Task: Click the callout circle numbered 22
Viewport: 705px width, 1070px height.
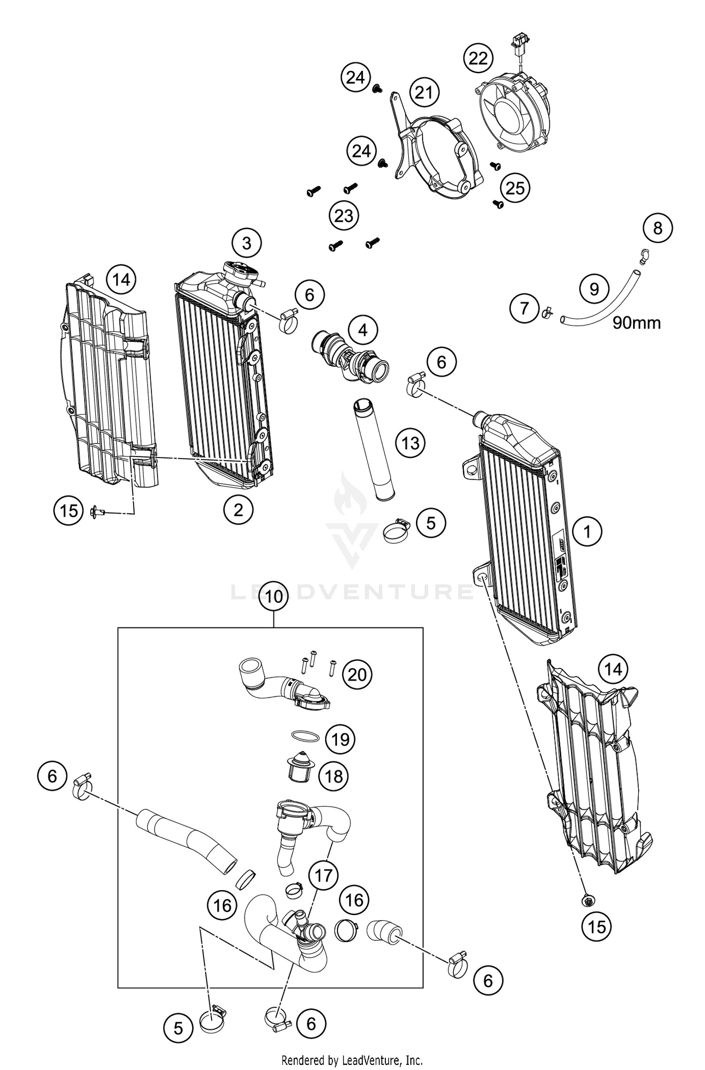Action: point(478,59)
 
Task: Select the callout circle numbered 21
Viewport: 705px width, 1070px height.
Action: point(424,93)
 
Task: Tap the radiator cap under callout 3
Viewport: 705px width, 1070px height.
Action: point(241,272)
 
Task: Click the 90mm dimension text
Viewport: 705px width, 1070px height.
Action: point(636,323)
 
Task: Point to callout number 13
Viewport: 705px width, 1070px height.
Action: point(410,442)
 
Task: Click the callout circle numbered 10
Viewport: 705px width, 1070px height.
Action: point(274,597)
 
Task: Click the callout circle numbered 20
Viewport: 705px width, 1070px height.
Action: point(357,675)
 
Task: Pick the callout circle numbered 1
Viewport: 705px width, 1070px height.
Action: point(587,532)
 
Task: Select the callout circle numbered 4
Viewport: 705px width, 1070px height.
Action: point(363,331)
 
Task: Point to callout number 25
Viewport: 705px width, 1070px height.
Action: point(515,188)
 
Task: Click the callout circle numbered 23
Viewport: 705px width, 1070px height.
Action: point(344,216)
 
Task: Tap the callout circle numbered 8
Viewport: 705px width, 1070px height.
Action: point(658,228)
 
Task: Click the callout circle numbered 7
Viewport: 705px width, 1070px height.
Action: point(525,309)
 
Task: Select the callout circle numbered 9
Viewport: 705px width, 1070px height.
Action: point(594,288)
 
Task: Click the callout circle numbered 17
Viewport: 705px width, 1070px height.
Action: point(323,876)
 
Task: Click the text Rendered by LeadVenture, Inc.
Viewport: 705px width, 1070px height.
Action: point(352,1060)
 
